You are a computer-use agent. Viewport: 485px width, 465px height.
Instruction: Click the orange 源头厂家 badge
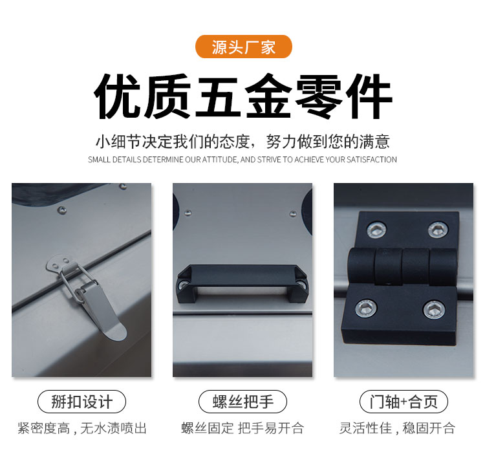(243, 47)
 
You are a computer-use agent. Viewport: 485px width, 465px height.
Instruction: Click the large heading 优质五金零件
(243, 96)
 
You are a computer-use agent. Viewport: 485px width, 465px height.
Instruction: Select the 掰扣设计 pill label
(81, 402)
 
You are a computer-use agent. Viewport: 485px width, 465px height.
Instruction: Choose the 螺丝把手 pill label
(242, 402)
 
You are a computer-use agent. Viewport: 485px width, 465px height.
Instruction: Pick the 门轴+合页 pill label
(404, 402)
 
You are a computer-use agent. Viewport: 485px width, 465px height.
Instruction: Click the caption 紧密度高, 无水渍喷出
(81, 428)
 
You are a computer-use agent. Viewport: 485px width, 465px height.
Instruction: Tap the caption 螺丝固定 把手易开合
(242, 428)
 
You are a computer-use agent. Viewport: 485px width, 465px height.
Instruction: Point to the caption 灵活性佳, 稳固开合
(398, 428)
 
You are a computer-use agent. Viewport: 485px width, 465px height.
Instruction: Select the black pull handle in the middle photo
(242, 283)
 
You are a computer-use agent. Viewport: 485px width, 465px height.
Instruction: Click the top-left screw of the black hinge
(376, 230)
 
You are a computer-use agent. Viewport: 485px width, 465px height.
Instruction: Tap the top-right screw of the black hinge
(438, 230)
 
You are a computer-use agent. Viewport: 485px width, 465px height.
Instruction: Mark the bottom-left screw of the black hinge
(366, 308)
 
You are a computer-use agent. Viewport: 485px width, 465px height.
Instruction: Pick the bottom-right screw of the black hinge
(435, 310)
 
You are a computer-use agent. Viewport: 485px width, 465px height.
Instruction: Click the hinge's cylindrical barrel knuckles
(403, 266)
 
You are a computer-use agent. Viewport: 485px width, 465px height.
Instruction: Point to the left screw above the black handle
(188, 213)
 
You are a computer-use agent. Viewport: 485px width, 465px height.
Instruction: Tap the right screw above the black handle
(292, 213)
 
